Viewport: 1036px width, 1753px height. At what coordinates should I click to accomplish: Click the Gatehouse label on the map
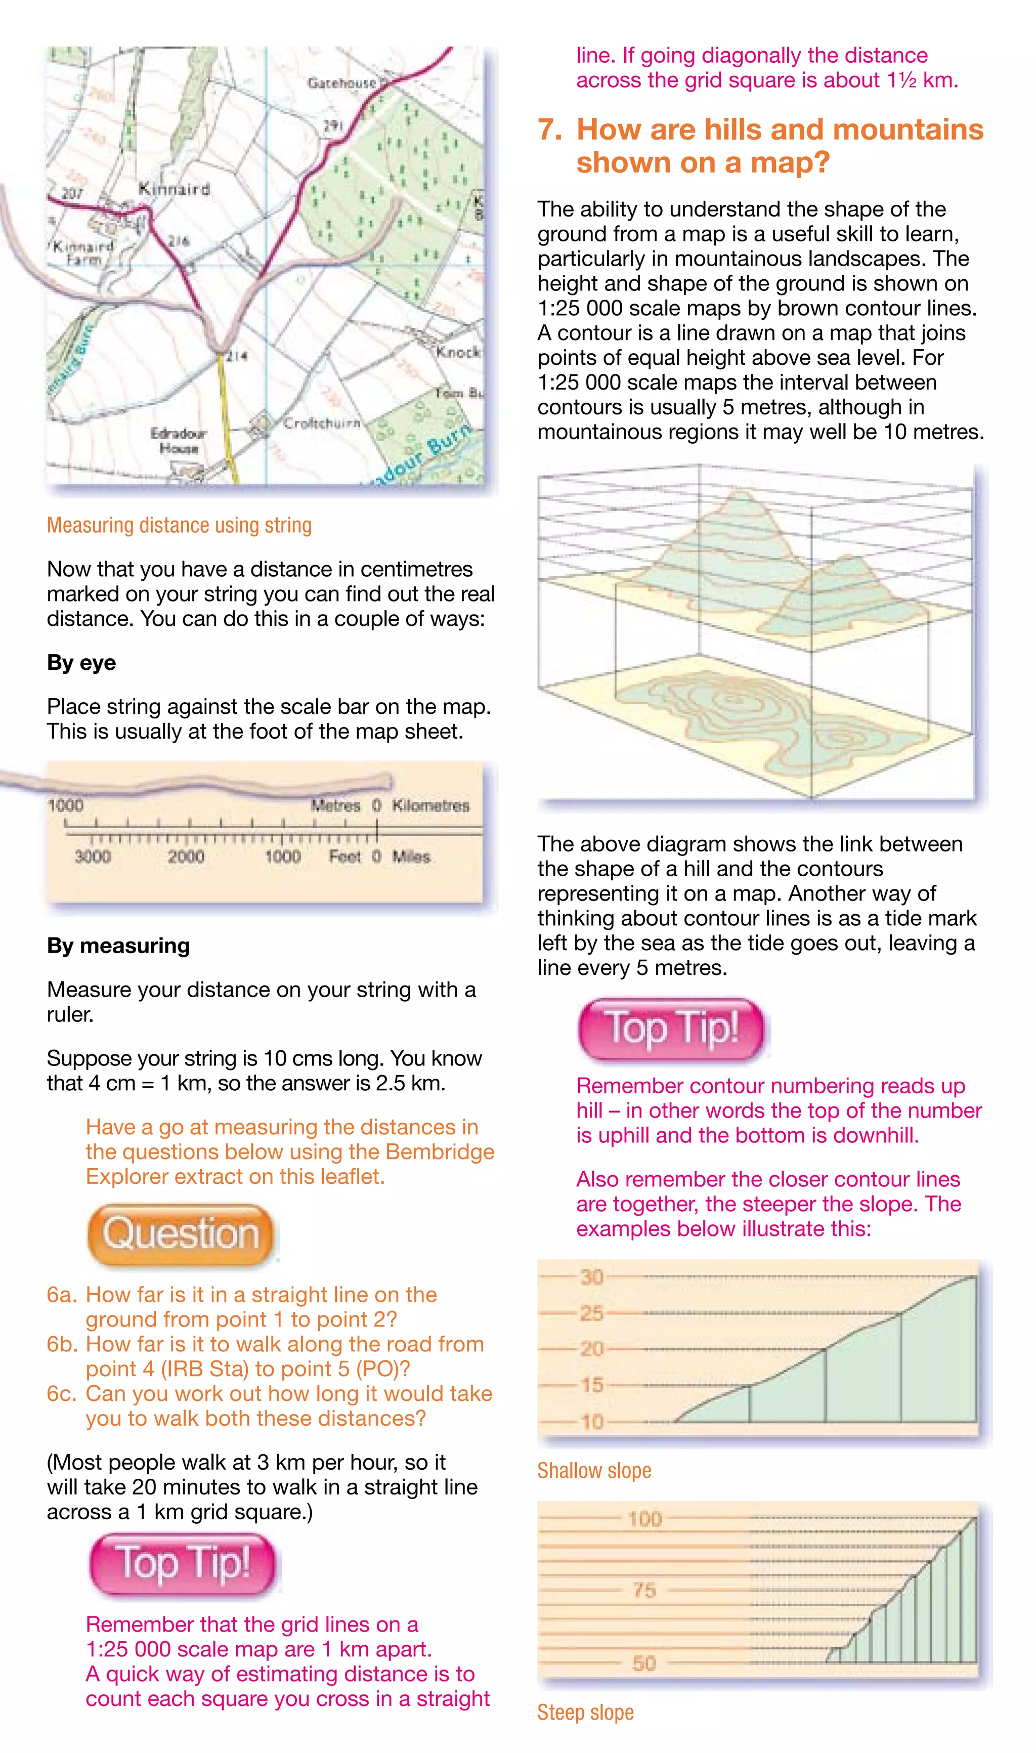pyautogui.click(x=342, y=83)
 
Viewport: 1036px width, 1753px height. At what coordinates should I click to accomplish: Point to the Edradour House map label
pyautogui.click(x=178, y=441)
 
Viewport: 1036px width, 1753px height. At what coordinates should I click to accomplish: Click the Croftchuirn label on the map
pyautogui.click(x=322, y=422)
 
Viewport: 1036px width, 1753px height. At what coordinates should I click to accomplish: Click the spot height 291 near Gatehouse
pyautogui.click(x=333, y=125)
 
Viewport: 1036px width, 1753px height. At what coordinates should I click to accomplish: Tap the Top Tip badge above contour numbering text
pyautogui.click(x=671, y=1030)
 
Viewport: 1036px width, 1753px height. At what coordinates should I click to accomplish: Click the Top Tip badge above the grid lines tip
pyautogui.click(x=183, y=1564)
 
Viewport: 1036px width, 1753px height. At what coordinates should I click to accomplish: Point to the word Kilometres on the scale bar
pyautogui.click(x=430, y=805)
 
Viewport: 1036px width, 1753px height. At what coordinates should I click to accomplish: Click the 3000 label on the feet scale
pyautogui.click(x=93, y=857)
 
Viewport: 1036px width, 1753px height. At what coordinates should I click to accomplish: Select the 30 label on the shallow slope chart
pyautogui.click(x=591, y=1277)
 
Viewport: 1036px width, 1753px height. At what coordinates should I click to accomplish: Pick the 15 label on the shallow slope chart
pyautogui.click(x=591, y=1384)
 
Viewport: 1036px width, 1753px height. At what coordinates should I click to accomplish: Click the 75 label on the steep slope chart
pyautogui.click(x=643, y=1590)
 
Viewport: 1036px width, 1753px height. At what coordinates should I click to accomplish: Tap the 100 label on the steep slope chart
pyautogui.click(x=643, y=1519)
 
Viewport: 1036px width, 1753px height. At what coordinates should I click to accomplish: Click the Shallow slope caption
pyautogui.click(x=593, y=1471)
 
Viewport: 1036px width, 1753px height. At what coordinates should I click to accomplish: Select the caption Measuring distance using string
pyautogui.click(x=179, y=525)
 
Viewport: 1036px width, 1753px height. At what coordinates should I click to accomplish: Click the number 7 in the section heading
pyautogui.click(x=549, y=130)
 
